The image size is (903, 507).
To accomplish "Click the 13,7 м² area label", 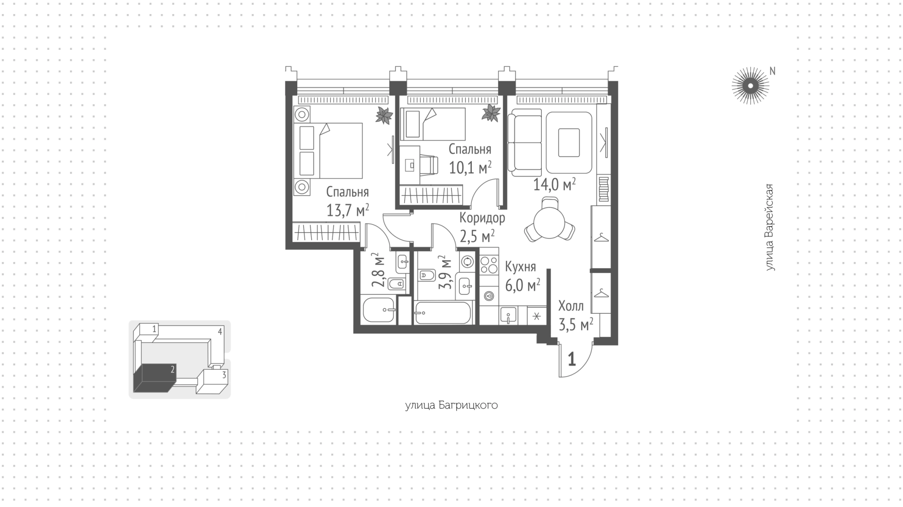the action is pyautogui.click(x=348, y=210).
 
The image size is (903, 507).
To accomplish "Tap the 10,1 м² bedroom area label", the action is pyautogui.click(x=470, y=167).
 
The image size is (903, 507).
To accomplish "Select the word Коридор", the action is pyautogui.click(x=482, y=218).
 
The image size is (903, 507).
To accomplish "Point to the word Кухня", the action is pyautogui.click(x=520, y=267).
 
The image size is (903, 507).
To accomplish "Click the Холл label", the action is pyautogui.click(x=571, y=306).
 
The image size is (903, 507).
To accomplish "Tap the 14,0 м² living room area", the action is pyautogui.click(x=554, y=185).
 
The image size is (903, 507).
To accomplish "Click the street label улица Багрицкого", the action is pyautogui.click(x=451, y=405).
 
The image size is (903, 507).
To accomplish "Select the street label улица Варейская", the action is pyautogui.click(x=769, y=227).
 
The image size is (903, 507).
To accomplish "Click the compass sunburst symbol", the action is pyautogui.click(x=750, y=86).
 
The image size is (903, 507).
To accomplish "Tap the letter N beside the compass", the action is pyautogui.click(x=772, y=71).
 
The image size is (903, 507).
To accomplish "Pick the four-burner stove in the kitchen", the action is pyautogui.click(x=489, y=265).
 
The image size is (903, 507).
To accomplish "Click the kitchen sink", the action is pyautogui.click(x=508, y=315).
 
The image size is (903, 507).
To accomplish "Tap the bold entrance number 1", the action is pyautogui.click(x=572, y=359).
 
